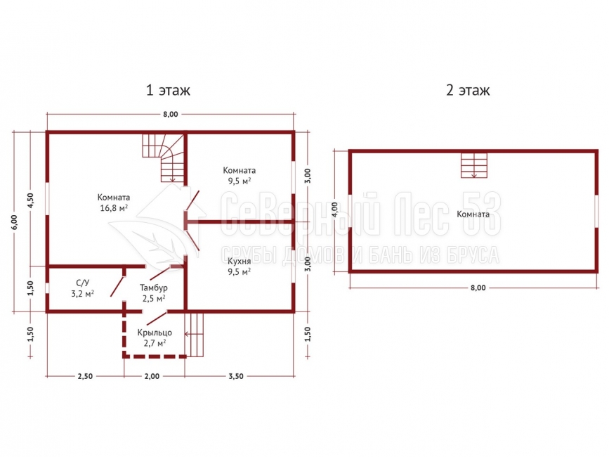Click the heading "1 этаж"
coord(168,90)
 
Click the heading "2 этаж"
coord(468,90)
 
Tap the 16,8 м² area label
coord(114,208)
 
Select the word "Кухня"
coord(240,261)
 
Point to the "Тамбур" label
coord(154,288)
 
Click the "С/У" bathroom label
coord(83,283)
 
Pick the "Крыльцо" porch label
coord(155,333)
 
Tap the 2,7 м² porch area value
coord(155,343)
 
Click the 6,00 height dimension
coord(14,222)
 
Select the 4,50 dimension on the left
coord(31,200)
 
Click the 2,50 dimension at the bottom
coord(85,376)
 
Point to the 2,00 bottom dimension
coord(152,376)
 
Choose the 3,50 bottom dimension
coord(236,376)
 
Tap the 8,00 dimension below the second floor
coord(478,288)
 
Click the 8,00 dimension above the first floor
coord(171,114)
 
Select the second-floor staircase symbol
coord(474,165)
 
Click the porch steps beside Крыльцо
coord(194,334)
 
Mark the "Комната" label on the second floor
coord(473,214)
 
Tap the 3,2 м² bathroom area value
coord(83,294)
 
